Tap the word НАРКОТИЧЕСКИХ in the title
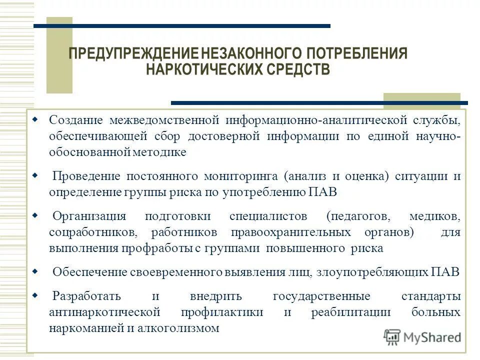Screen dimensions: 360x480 (x=203, y=68)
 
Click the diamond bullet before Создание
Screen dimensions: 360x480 (x=34, y=120)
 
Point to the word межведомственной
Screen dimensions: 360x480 (x=165, y=120)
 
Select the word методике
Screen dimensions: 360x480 (x=161, y=152)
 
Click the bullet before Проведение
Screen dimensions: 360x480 (x=34, y=176)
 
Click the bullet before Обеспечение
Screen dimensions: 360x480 (x=34, y=272)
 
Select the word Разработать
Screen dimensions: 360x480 (x=86, y=296)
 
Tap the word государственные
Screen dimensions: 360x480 (x=321, y=296)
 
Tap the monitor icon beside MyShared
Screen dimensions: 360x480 (x=392, y=336)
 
